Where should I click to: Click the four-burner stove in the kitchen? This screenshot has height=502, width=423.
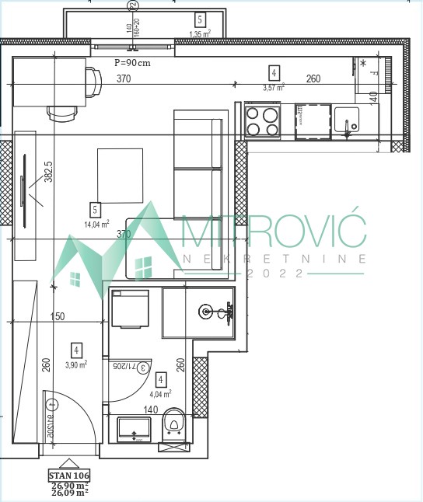263,120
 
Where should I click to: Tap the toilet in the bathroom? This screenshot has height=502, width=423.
174,424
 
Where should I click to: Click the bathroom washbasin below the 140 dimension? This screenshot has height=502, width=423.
133,427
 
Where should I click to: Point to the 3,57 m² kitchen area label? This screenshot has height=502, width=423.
273,88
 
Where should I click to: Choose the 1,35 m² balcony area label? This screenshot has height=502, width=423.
200,34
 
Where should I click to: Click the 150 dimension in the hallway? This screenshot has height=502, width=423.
55,317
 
